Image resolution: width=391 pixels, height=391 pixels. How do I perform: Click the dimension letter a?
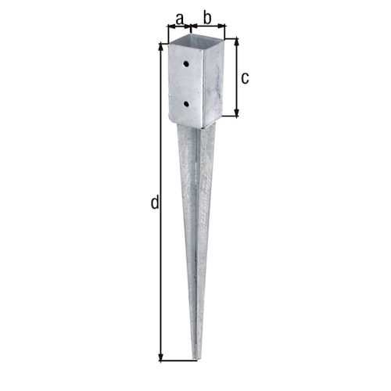[180, 16]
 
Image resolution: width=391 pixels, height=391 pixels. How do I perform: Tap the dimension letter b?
[208, 16]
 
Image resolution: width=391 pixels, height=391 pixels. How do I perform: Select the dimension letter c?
[245, 77]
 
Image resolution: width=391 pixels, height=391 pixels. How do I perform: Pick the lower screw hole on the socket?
[186, 102]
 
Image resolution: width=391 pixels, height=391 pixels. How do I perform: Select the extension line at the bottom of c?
[227, 117]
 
